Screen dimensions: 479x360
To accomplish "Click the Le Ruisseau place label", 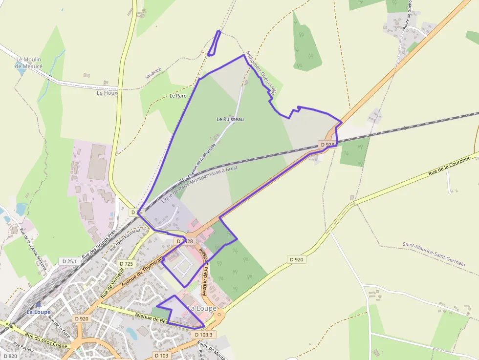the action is tap(230, 119).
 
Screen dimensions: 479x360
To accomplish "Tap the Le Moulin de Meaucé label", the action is tap(28, 63).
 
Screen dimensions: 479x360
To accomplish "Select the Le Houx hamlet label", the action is tap(107, 93).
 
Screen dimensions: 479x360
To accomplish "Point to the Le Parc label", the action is tap(178, 96).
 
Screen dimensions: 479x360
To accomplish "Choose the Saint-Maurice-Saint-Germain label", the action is tap(434, 254).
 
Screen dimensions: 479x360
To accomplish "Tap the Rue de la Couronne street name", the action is tap(449, 166).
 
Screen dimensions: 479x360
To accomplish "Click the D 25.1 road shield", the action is tap(70, 261).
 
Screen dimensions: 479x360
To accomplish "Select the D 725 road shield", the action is tap(126, 264).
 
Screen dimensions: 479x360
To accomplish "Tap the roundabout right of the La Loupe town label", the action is tap(219, 315).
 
